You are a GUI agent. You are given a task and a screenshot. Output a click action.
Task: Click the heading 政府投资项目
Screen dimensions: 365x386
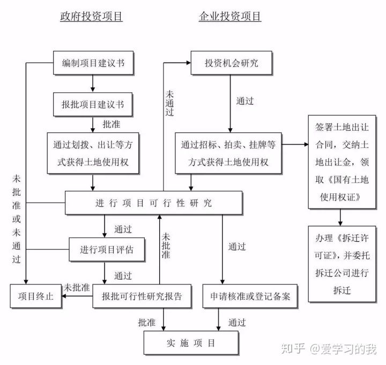[x=91, y=17]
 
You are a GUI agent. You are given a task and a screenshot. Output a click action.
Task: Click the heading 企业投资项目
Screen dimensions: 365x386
[x=230, y=17]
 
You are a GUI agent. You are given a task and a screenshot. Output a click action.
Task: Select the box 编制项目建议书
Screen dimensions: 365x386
[x=93, y=63]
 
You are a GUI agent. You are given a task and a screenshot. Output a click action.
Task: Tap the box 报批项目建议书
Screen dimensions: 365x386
[x=93, y=103]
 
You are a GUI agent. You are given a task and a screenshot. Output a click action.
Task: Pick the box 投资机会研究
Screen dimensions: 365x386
[x=231, y=63]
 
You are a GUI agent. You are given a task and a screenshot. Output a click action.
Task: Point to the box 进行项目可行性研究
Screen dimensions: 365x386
[x=154, y=203]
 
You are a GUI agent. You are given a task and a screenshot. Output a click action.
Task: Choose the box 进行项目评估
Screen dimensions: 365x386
[x=107, y=249]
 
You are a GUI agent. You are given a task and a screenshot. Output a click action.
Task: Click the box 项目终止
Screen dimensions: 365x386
[x=36, y=296]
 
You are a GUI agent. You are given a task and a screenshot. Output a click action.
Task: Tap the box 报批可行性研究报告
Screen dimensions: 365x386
[x=138, y=296]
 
